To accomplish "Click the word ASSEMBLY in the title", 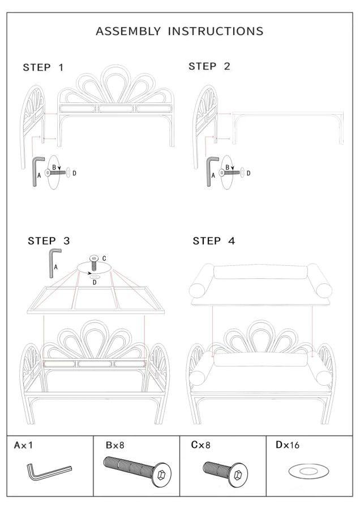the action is (128, 31).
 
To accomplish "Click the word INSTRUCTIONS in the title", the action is (216, 31).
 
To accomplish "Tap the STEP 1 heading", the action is (43, 67).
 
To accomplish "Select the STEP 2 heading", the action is (209, 66).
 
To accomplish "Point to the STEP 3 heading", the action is (49, 241).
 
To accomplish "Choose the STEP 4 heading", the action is (214, 241).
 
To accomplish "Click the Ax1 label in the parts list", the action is (23, 445).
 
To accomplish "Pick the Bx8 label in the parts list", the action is (115, 445).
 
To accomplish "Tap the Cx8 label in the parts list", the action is (200, 445).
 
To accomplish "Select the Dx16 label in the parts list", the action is (287, 445).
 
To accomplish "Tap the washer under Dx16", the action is (308, 471).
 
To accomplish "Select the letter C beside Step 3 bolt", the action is (104, 258).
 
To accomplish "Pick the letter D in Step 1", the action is (74, 174).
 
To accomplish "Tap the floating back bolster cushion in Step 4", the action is (260, 273).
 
